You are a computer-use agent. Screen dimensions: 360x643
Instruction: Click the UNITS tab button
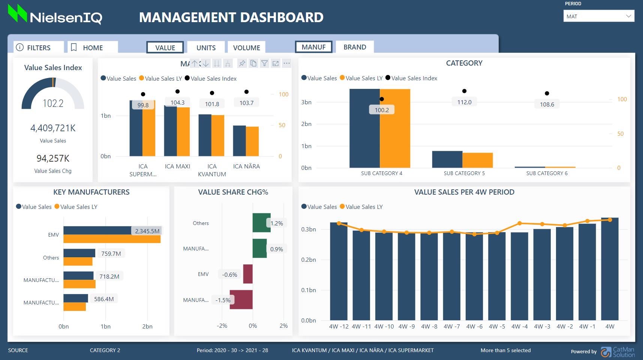click(206, 48)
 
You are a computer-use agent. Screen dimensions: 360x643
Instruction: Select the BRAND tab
click(354, 47)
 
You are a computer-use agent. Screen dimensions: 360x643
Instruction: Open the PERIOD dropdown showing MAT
click(598, 16)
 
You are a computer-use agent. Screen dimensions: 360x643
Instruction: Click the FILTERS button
click(38, 48)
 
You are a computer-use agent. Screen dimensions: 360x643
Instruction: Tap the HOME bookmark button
click(93, 48)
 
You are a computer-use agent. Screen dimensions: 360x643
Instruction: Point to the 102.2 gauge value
click(53, 103)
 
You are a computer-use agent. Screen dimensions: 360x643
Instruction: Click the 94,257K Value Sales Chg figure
click(53, 158)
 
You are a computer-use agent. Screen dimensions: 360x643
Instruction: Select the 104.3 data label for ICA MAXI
click(177, 102)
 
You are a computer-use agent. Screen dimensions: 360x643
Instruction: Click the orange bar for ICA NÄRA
click(252, 142)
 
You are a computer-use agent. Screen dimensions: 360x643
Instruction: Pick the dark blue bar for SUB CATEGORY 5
click(447, 159)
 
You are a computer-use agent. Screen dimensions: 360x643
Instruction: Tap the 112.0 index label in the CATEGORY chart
click(464, 102)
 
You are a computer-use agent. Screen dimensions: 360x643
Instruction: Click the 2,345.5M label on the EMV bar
click(147, 231)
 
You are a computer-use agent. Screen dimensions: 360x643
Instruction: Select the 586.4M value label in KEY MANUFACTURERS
click(104, 299)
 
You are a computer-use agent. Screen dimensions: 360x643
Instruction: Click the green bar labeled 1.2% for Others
click(261, 223)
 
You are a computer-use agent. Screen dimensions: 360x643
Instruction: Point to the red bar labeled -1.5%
click(241, 300)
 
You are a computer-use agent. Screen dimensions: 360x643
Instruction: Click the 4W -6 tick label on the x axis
click(474, 326)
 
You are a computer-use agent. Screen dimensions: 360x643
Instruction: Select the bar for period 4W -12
click(339, 271)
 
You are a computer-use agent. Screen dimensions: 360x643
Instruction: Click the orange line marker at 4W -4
click(520, 223)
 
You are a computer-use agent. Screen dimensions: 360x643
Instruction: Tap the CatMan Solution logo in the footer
click(618, 352)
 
